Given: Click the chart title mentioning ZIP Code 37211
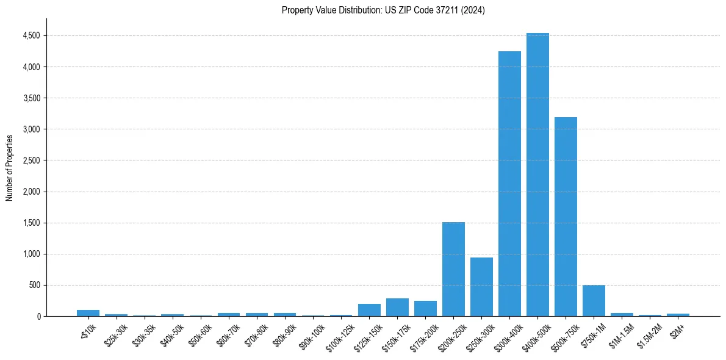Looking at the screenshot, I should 383,10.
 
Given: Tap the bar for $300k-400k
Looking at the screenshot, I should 509,184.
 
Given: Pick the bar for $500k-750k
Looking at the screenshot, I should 566,217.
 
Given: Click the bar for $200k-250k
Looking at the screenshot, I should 453,269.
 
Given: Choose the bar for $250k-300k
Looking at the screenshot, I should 481,287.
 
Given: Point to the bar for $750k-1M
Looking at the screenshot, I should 594,301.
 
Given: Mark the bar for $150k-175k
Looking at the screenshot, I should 397,308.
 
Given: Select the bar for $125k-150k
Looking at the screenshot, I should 369,310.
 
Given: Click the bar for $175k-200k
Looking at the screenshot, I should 425,309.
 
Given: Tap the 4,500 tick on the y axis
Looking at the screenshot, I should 31,35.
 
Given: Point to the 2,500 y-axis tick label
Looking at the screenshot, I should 31,160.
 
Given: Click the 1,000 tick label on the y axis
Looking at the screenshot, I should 31,254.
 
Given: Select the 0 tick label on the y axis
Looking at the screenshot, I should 38,317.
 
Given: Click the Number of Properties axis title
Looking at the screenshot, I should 10,168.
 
